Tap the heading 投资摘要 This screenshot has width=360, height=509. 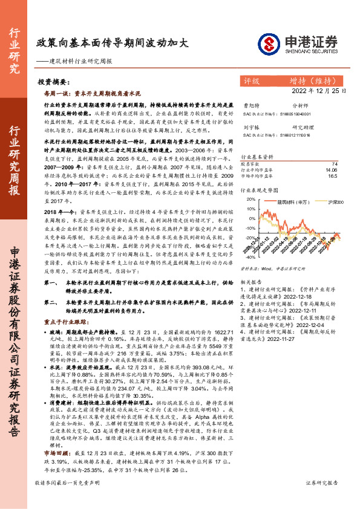click(x=52, y=81)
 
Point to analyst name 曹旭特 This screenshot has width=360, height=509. click(x=250, y=106)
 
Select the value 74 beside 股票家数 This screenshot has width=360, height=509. click(x=335, y=164)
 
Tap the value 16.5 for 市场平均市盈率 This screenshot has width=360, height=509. click(x=332, y=176)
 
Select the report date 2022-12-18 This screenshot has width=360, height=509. click(x=315, y=297)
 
